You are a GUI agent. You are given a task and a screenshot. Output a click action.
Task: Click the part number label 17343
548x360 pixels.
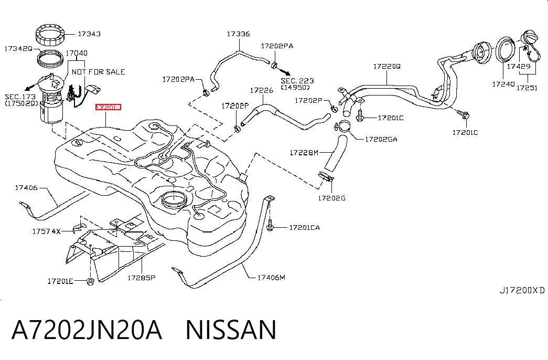[x=89, y=34]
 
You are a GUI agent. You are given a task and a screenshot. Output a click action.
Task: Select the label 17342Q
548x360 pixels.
[x=18, y=49]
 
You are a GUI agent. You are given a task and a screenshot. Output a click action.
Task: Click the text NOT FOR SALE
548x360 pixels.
[x=98, y=72]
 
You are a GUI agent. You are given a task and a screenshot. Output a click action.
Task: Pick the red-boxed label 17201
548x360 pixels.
[x=108, y=107]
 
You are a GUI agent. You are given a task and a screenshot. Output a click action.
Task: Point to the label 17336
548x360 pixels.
[x=239, y=34]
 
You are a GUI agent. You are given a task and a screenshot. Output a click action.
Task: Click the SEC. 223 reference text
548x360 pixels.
[x=297, y=81]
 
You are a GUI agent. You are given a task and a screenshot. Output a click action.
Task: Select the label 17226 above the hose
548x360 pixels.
[x=262, y=91]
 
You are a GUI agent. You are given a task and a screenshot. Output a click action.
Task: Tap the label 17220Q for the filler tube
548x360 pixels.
[x=386, y=66]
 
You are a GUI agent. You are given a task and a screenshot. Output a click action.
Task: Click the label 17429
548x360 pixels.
[x=519, y=66]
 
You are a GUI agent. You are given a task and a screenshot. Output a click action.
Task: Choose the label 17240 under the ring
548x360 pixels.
[x=503, y=84]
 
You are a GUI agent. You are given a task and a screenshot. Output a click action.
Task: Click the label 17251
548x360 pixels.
[x=526, y=88]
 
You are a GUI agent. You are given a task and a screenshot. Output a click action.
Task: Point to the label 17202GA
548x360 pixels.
[x=381, y=139]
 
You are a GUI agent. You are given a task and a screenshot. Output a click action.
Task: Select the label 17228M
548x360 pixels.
[x=304, y=153]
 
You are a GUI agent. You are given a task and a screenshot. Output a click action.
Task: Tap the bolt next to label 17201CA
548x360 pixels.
[x=270, y=225]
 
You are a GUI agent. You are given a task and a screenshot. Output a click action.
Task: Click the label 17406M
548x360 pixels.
[x=271, y=278]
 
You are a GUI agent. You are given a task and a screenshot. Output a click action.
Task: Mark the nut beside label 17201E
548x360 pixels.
[x=90, y=281]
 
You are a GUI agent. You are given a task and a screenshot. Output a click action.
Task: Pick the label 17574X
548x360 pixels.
[x=47, y=231]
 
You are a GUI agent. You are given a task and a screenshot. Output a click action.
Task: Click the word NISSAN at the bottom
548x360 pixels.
[x=231, y=330]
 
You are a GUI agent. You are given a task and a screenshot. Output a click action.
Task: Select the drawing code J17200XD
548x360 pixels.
[x=522, y=290]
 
